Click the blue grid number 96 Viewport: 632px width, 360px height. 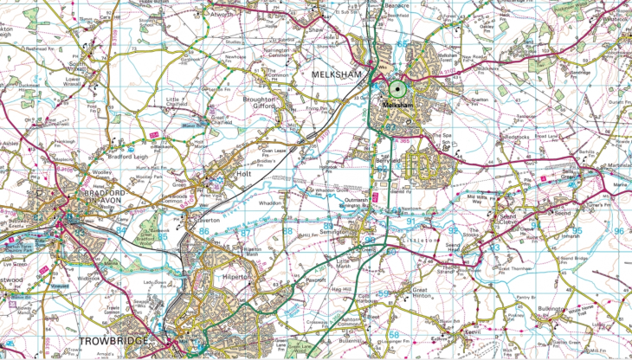(x=618, y=231)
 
